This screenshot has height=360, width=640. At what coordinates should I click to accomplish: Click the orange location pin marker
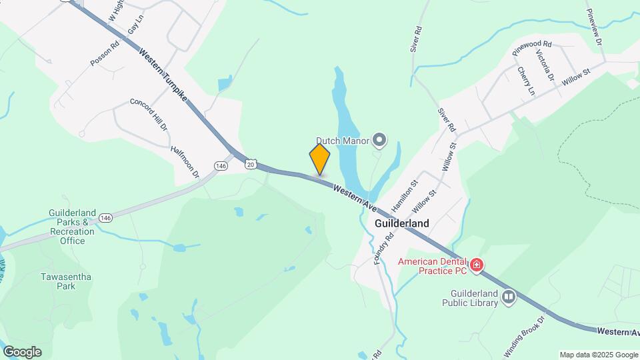coord(320,160)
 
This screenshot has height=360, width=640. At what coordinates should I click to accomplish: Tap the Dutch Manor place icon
coord(379,140)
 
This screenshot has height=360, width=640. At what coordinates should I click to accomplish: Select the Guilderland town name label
coord(401,223)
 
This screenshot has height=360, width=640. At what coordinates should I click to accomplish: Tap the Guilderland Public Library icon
coord(509,297)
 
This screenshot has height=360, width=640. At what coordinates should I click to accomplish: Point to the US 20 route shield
coord(250,164)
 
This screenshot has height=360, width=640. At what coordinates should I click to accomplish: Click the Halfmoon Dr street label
coord(185,163)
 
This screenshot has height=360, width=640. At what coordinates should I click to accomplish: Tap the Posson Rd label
coord(105,53)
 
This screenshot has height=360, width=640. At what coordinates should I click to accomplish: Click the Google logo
coord(22,351)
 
